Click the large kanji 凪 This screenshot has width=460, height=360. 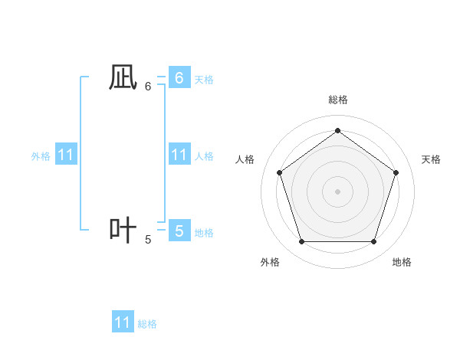point(123,77)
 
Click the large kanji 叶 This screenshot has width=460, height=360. point(123,231)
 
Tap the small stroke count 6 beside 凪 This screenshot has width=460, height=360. point(148,87)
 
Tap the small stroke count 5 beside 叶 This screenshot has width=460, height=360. point(148,240)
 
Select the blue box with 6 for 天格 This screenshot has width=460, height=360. point(179,78)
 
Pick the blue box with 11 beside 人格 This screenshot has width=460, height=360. point(179,155)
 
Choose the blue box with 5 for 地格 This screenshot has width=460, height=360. point(179,231)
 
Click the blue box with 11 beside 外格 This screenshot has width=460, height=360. point(65,155)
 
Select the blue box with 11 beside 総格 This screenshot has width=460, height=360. point(123,322)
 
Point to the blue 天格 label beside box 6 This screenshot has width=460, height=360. point(204,80)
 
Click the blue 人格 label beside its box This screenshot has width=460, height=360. point(204,156)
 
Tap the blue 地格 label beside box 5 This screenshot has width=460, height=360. point(204,233)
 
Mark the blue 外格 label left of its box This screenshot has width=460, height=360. point(41,156)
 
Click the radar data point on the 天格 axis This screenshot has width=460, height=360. point(396,172)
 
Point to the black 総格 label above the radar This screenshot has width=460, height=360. point(337,100)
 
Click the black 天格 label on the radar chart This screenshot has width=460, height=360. point(431,159)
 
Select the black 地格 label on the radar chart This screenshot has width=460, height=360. point(402,262)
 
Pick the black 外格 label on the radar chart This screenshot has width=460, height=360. point(270,262)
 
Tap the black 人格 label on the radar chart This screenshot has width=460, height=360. point(245,159)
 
